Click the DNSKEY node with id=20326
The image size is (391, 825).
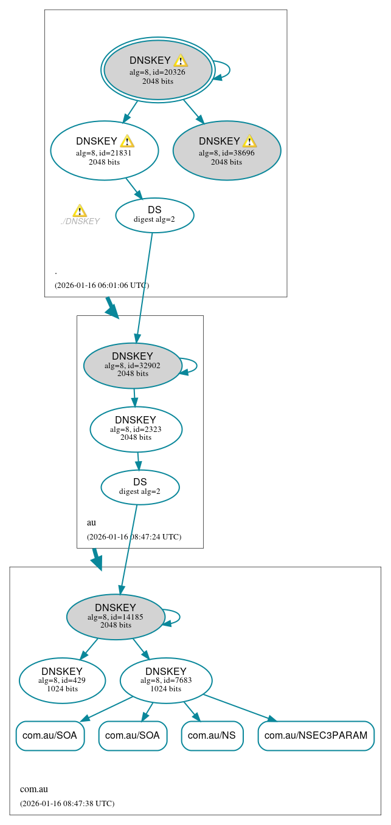pyautogui.click(x=157, y=70)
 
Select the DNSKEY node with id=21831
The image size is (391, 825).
pyautogui.click(x=104, y=150)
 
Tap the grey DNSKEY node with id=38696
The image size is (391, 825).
pyautogui.click(x=227, y=150)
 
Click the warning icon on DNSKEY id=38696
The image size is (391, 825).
pyautogui.click(x=249, y=142)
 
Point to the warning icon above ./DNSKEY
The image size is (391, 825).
pyautogui.click(x=80, y=211)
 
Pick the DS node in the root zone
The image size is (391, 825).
pyautogui.click(x=154, y=215)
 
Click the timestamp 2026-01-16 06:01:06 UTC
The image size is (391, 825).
pyautogui.click(x=102, y=285)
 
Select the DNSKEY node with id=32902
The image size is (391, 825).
pyautogui.click(x=133, y=366)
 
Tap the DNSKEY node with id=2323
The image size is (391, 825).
pyautogui.click(x=136, y=429)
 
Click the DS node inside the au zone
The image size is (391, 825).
pyautogui.click(x=140, y=487)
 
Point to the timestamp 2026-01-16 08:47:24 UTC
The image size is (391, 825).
pyautogui.click(x=134, y=536)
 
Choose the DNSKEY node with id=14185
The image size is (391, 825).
pyautogui.click(x=116, y=617)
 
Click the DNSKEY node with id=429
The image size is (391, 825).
pyautogui.click(x=62, y=680)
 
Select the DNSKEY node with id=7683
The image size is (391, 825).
pyautogui.click(x=166, y=680)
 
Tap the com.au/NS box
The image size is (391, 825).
pyautogui.click(x=212, y=736)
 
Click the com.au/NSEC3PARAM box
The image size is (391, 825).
pyautogui.click(x=316, y=736)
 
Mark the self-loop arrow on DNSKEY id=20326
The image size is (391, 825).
pyautogui.click(x=224, y=70)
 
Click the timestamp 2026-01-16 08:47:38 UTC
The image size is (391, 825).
pyautogui.click(x=67, y=803)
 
